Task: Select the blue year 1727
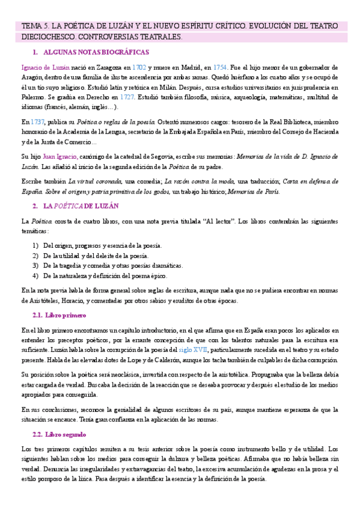[x=126, y=97]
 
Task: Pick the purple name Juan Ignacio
[x=59, y=156]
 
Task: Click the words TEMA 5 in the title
[x=35, y=27]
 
